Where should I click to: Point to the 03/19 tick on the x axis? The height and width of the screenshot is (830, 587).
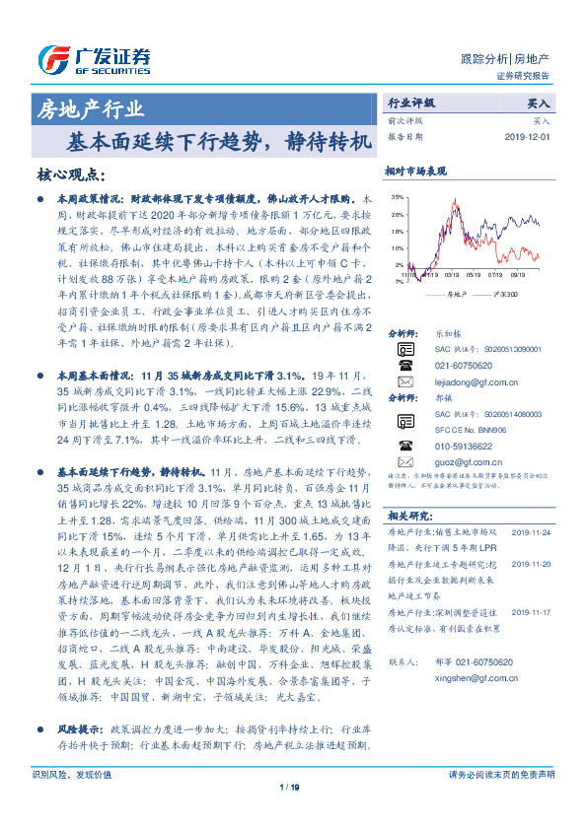point(451,276)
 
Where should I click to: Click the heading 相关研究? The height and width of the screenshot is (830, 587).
point(408,516)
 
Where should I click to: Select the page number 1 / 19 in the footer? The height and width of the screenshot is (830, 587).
point(289,814)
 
